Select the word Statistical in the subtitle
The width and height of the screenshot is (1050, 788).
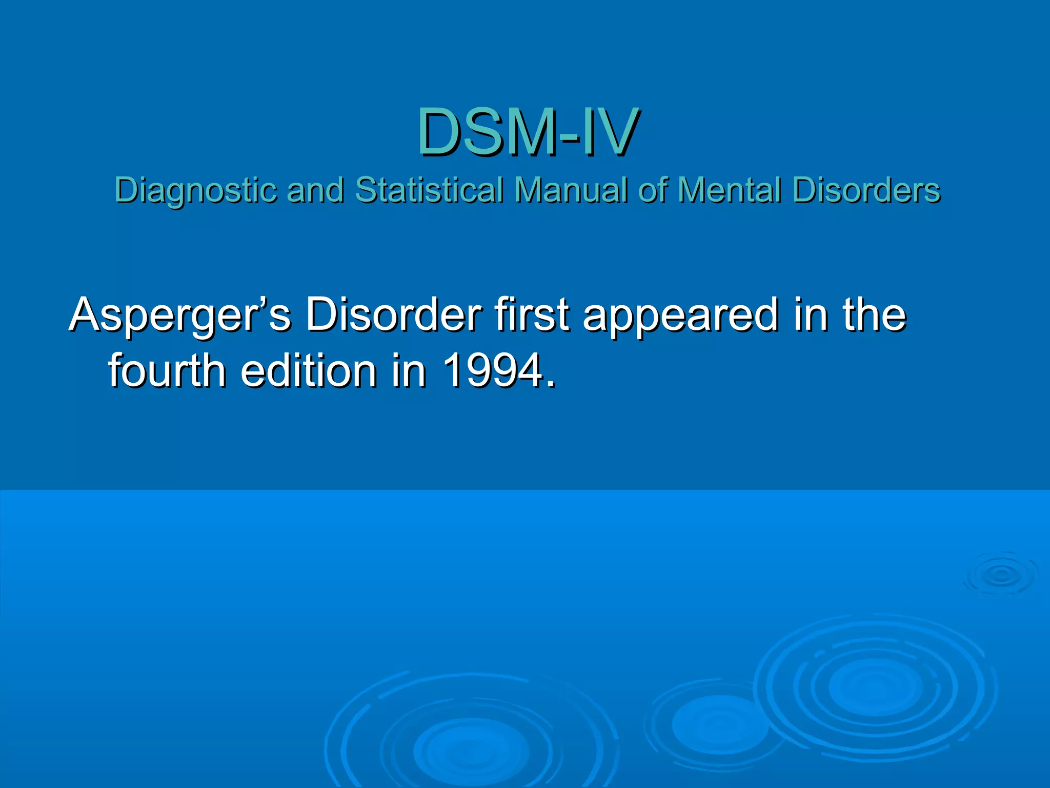pos(429,190)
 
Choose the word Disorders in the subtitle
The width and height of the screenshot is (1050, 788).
pos(866,190)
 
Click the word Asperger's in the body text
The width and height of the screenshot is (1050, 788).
pos(180,315)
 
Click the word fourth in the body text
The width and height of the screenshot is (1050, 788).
pos(167,370)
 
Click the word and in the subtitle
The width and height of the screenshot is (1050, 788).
pos(315,190)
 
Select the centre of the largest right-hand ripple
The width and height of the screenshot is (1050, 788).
pos(875,687)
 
